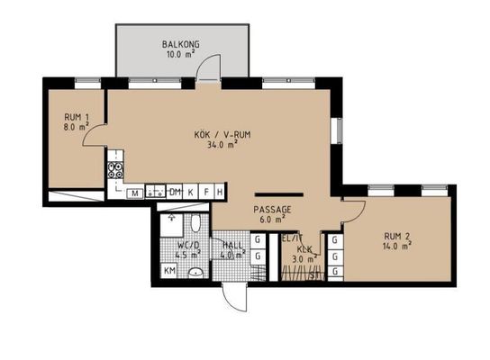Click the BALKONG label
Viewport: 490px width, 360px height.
(180, 44)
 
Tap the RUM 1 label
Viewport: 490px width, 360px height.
(77, 118)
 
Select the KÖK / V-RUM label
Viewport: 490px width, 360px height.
(222, 135)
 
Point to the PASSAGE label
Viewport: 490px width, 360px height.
(272, 210)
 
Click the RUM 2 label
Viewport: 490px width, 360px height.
(397, 237)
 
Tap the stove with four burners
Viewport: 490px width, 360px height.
(115, 170)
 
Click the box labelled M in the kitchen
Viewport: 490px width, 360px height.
(135, 193)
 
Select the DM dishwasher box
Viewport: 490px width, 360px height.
(175, 192)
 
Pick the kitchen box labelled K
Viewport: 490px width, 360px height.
(190, 192)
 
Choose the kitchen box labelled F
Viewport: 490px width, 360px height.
(206, 192)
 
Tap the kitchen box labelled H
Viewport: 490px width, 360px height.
(220, 192)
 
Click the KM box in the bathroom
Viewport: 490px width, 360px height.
(169, 270)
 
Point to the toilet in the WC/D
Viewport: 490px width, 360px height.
(195, 223)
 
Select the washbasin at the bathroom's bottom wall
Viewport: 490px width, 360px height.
(196, 273)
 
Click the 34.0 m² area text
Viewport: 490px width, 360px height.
(222, 145)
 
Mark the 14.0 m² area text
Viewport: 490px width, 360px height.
(397, 246)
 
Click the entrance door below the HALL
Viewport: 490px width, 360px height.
(235, 297)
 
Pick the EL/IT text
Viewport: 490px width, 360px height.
(292, 238)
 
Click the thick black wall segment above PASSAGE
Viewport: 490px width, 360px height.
(279, 194)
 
